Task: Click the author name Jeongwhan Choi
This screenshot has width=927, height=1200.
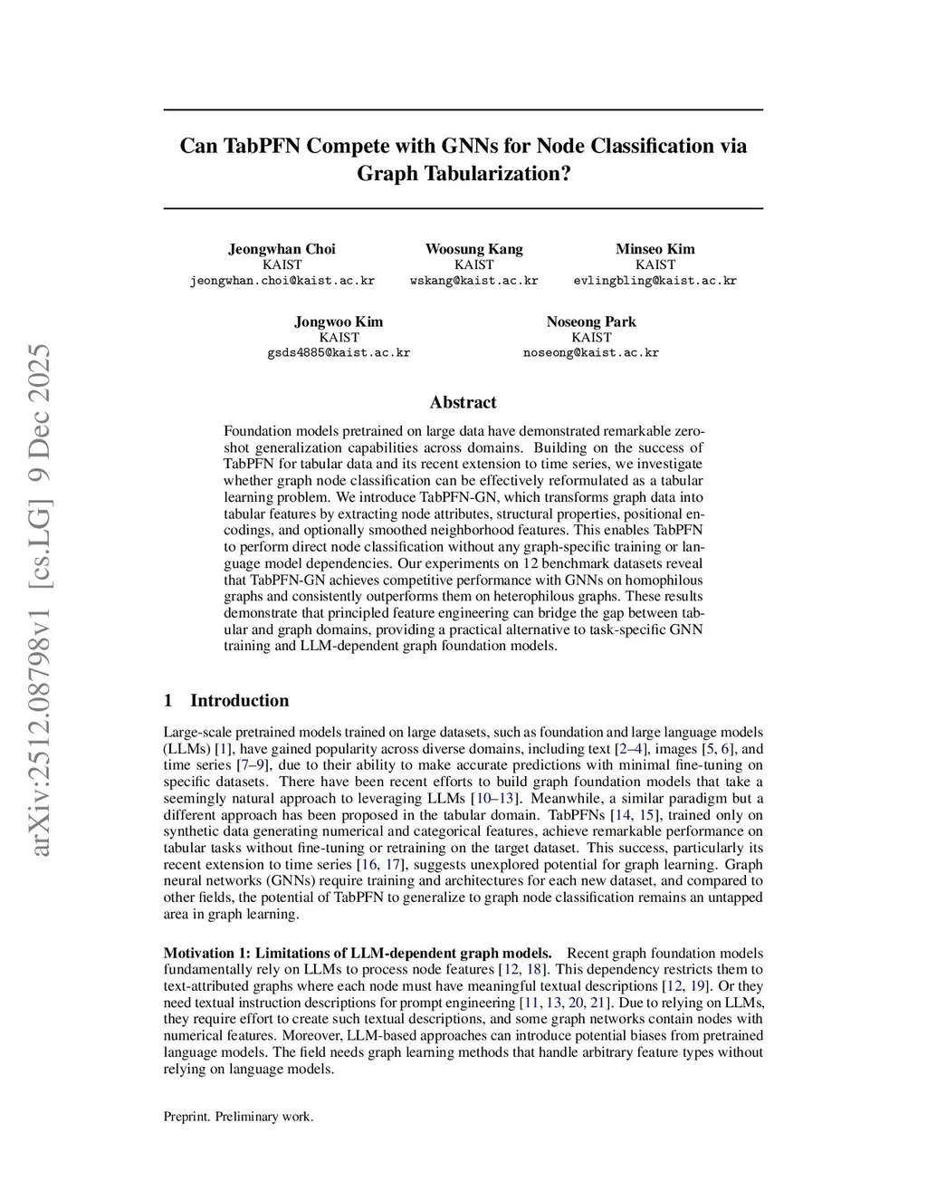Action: coord(282,249)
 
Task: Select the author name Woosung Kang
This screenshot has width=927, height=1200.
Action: coord(473,249)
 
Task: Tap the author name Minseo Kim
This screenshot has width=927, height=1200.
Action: coord(655,249)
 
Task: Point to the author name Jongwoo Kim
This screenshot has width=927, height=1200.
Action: coord(339,322)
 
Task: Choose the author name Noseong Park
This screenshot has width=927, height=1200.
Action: coord(591,322)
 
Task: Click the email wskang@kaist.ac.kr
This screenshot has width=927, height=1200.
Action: coord(473,281)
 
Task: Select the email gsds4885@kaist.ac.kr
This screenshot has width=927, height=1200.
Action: coord(339,353)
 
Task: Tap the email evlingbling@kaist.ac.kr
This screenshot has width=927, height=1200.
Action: coord(655,281)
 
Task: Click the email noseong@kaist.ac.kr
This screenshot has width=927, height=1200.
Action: coord(591,353)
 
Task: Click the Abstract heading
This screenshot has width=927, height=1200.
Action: coord(463,402)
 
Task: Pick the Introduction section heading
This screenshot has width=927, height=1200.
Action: coord(240,700)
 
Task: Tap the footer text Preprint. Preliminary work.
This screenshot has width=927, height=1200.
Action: coord(238,1117)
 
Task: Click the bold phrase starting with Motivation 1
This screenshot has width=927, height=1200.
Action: coord(358,953)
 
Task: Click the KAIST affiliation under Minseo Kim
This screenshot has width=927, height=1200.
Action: coord(655,264)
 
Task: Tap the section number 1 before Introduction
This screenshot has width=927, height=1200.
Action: coord(167,700)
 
